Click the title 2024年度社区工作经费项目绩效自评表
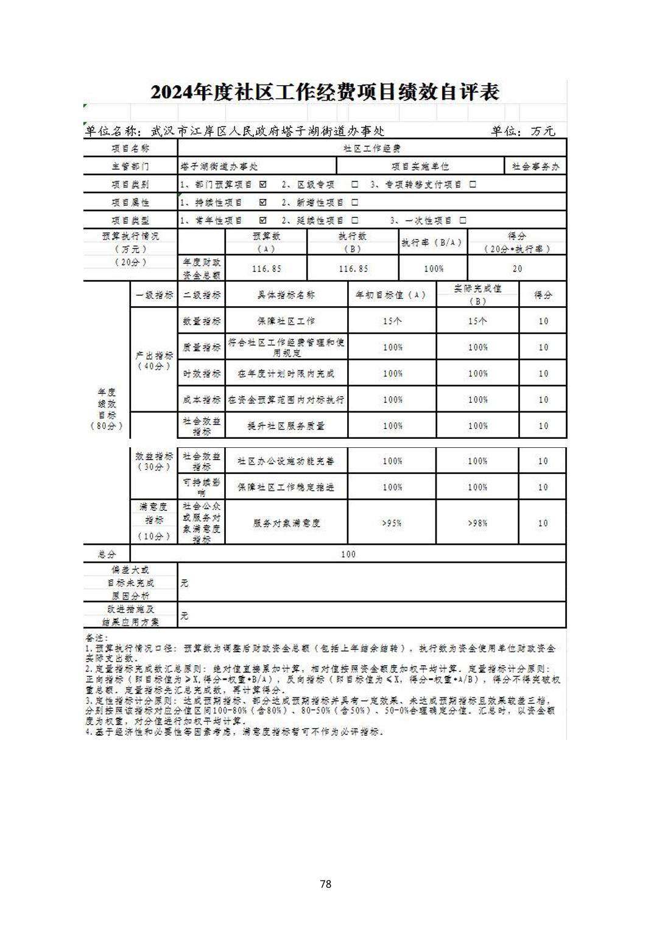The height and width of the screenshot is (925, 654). click(325, 92)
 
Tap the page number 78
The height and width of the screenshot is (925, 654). click(325, 884)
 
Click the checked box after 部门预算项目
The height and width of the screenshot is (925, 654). click(263, 184)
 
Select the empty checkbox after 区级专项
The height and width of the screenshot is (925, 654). click(355, 184)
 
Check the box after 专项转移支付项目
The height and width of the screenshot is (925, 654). click(473, 184)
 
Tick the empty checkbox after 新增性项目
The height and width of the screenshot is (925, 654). click(355, 203)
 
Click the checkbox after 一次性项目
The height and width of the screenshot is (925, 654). click(463, 220)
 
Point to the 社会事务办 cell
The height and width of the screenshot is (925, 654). click(535, 166)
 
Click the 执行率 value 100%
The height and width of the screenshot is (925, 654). click(434, 268)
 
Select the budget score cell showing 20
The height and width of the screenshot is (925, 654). click(517, 268)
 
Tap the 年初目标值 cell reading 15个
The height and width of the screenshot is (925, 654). click(392, 321)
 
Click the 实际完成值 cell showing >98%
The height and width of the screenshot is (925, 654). click(477, 523)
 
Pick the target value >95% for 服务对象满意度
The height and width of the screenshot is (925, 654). click(392, 523)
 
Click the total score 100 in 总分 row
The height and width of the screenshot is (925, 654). click(348, 554)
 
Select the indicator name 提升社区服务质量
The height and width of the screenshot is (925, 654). click(286, 426)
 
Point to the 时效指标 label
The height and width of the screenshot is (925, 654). click(202, 374)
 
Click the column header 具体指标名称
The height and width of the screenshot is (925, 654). click(286, 295)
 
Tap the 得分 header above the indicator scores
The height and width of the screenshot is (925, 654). click(543, 295)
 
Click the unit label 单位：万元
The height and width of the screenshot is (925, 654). click(523, 131)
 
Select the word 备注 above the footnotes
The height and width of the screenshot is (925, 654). click(94, 638)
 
